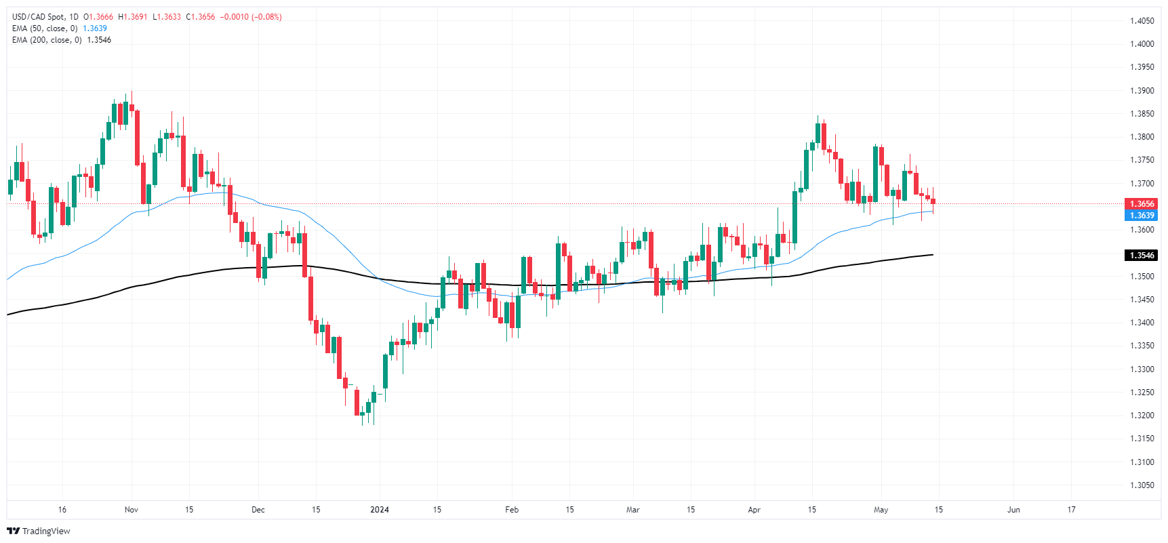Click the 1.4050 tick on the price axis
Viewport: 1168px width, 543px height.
(x=1142, y=21)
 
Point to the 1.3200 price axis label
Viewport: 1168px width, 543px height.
(x=1142, y=416)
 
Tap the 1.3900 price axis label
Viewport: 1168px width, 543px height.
(x=1142, y=91)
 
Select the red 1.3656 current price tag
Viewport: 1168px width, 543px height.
(x=1141, y=204)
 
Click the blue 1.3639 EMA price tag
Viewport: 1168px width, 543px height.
(x=1141, y=216)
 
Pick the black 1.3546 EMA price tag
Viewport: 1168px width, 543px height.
(x=1141, y=256)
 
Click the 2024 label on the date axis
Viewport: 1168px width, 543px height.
(x=380, y=510)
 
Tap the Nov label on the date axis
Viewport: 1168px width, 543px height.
(x=132, y=510)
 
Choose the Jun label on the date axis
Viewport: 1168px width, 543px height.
(x=1013, y=510)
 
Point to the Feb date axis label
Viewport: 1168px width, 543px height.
(x=512, y=510)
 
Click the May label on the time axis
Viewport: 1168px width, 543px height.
(x=881, y=510)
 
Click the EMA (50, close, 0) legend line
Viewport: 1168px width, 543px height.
(x=45, y=28)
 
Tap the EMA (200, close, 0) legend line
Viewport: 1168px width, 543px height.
(x=47, y=40)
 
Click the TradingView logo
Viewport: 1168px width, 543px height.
(x=39, y=531)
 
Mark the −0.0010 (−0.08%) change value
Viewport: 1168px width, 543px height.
(x=251, y=17)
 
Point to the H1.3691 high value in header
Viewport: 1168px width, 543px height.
(x=133, y=17)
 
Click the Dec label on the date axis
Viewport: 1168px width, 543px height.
(x=258, y=510)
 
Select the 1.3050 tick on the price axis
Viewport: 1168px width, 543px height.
(x=1142, y=485)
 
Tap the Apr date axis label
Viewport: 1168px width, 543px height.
(x=754, y=510)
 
